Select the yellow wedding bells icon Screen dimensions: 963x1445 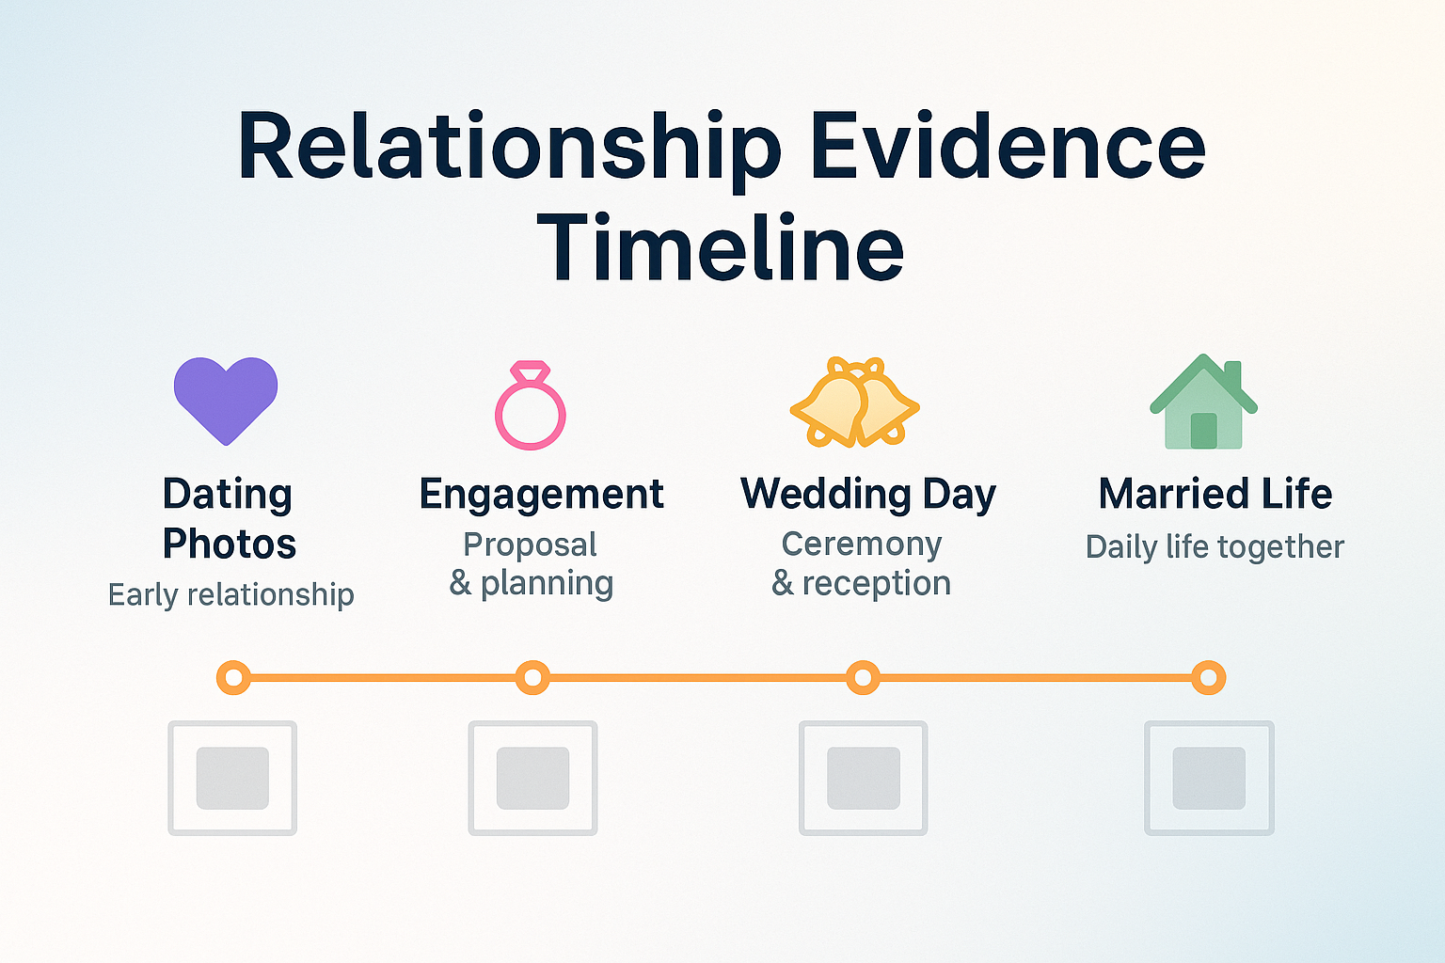tap(854, 403)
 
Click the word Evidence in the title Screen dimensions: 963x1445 tap(1007, 147)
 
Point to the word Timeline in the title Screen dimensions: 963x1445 tap(721, 248)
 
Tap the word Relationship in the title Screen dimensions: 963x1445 tap(509, 147)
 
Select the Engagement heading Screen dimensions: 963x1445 tap(542, 495)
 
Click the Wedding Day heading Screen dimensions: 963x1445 tap(867, 495)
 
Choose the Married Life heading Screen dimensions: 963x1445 tap(1215, 495)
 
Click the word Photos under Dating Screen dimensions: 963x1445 tap(230, 545)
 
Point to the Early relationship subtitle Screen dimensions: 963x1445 tap(231, 594)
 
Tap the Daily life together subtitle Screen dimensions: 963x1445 tap(1215, 546)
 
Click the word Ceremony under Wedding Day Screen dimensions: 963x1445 tap(862, 545)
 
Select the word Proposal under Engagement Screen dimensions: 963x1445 tap(531, 545)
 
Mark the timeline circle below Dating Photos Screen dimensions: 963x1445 tap(233, 677)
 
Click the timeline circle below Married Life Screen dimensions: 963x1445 tap(1209, 677)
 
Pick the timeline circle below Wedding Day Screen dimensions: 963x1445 tap(863, 677)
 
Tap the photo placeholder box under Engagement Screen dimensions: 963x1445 tap(532, 779)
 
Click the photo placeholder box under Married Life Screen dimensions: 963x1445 tap(1209, 779)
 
